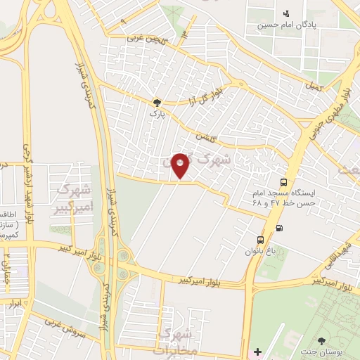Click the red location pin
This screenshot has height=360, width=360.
(x=181, y=166)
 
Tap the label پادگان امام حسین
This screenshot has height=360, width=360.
(x=309, y=25)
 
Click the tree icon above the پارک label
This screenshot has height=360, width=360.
(x=157, y=102)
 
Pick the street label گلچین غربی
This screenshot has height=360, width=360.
(x=146, y=39)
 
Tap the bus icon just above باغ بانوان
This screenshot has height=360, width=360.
(x=262, y=239)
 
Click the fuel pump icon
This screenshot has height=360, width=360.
(x=281, y=227)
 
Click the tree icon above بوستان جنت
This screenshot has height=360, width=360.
(x=322, y=340)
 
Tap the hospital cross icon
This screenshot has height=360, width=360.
(x=257, y=351)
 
